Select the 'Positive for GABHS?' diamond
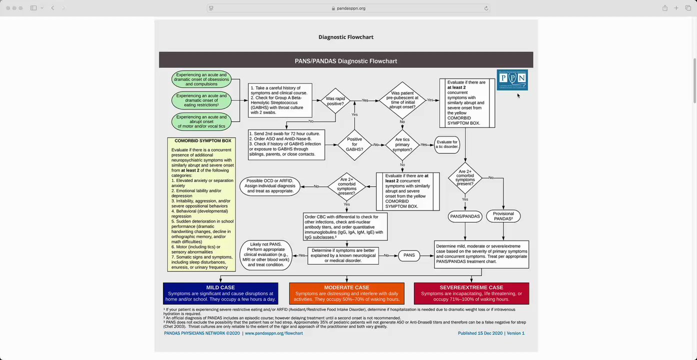tap(354, 144)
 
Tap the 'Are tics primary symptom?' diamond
tap(403, 144)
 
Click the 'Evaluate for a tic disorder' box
tap(447, 144)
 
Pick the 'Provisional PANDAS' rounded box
tap(503, 216)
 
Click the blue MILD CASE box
tap(220, 293)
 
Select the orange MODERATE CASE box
tap(346, 293)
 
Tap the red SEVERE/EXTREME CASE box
tap(471, 293)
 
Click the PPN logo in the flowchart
tap(512, 80)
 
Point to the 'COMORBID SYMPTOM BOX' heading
tap(202, 141)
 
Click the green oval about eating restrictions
tap(201, 100)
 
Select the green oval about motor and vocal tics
tap(201, 121)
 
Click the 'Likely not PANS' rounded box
tap(266, 255)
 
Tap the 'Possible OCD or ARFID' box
tap(270, 186)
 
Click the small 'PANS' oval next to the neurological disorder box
tap(409, 255)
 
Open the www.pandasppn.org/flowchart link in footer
tap(273, 333)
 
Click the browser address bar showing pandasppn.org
tap(348, 8)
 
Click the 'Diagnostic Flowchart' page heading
tap(346, 37)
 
